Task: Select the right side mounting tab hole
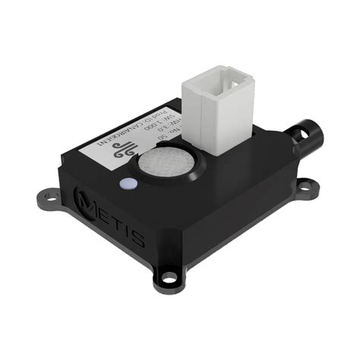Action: click(308, 185)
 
